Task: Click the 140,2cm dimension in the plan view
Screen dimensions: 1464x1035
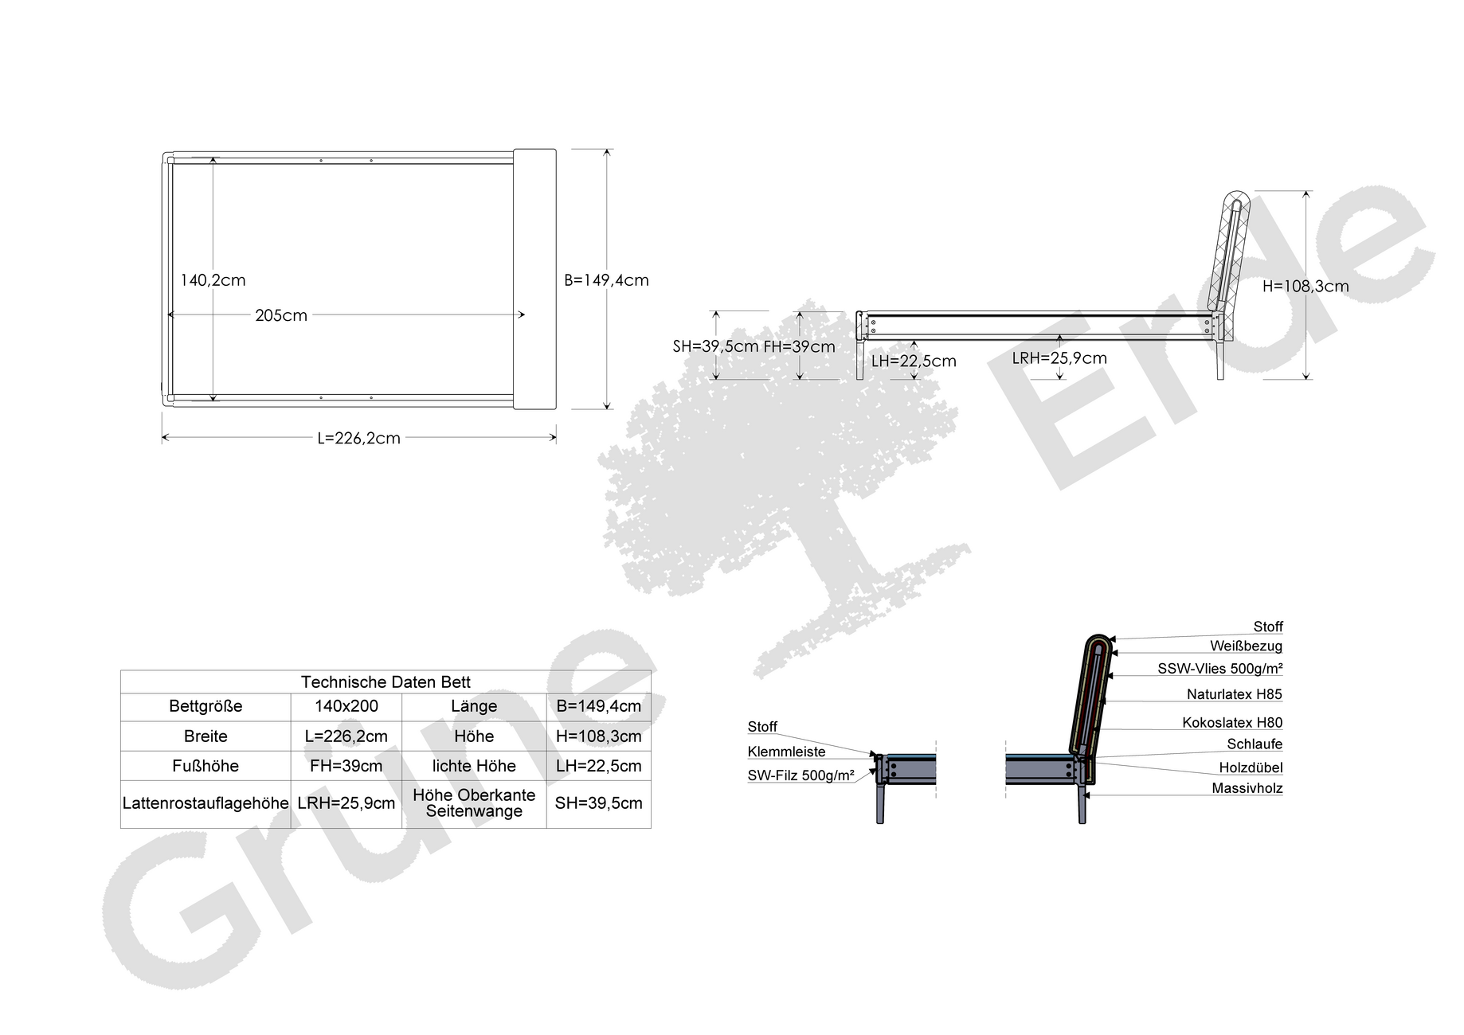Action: [213, 280]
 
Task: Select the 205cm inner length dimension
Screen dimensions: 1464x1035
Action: [281, 315]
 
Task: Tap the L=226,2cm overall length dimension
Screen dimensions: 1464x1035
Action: [358, 438]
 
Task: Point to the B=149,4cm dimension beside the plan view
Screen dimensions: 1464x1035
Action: [606, 280]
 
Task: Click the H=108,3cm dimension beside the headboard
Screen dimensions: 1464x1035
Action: [1305, 287]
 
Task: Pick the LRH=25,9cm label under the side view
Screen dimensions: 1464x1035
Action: [1059, 358]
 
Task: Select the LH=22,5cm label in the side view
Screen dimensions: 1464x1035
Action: [914, 361]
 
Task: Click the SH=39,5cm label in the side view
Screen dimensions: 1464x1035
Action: [715, 346]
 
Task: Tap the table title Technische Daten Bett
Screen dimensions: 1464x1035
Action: [386, 682]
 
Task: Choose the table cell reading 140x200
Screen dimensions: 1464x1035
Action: [346, 706]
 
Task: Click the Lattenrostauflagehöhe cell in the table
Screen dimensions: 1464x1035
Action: [206, 803]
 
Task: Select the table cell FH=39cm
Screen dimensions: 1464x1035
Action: [346, 766]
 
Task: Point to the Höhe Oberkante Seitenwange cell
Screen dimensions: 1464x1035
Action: [474, 803]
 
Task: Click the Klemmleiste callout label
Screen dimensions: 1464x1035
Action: [786, 752]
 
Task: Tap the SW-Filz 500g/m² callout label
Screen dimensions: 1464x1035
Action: [801, 775]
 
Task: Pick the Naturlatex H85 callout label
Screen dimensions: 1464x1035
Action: [1235, 694]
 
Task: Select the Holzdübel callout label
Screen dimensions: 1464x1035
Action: [1251, 767]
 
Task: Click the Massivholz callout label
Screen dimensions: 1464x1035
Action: [1247, 788]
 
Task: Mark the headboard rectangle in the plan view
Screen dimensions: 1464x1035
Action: [534, 279]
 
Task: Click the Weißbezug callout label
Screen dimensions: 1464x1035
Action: [1246, 646]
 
